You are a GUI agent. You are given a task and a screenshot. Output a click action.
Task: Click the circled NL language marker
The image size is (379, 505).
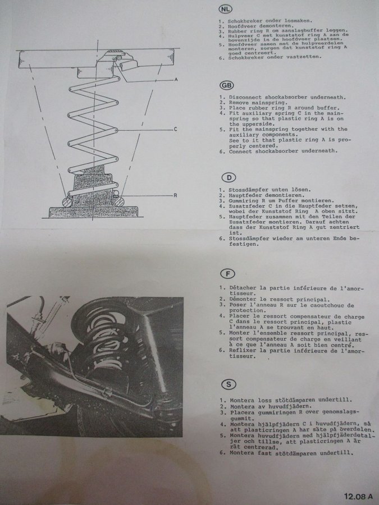click(x=225, y=9)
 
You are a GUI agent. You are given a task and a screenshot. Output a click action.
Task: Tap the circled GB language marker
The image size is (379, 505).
click(x=227, y=85)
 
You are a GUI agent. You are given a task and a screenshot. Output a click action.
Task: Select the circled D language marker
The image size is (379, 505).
click(x=229, y=177)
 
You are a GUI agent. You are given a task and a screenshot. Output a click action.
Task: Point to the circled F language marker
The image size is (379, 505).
click(x=228, y=274)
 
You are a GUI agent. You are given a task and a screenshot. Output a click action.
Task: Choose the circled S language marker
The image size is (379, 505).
click(x=229, y=384)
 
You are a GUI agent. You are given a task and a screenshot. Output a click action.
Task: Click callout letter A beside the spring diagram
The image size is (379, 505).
click(x=176, y=79)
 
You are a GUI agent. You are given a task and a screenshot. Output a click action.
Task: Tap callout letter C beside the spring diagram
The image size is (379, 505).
click(x=175, y=129)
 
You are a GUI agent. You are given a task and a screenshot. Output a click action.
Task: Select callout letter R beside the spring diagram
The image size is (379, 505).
click(x=175, y=195)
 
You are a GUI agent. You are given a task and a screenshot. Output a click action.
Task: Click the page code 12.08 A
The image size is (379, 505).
click(x=358, y=497)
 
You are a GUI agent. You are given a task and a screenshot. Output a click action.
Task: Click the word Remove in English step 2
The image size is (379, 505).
click(x=239, y=103)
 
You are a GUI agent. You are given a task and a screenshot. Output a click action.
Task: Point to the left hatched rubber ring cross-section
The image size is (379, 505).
click(x=67, y=201)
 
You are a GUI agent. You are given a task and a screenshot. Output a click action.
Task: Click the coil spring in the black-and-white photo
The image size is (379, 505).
click(x=100, y=335)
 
